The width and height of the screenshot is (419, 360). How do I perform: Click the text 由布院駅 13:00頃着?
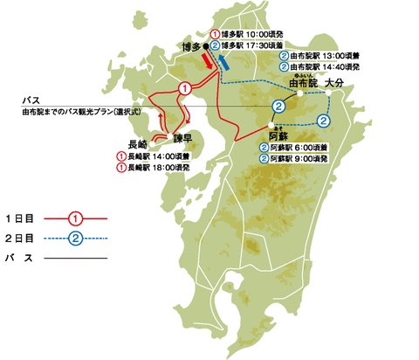(328, 55)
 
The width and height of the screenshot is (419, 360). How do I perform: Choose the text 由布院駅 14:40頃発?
(328, 66)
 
